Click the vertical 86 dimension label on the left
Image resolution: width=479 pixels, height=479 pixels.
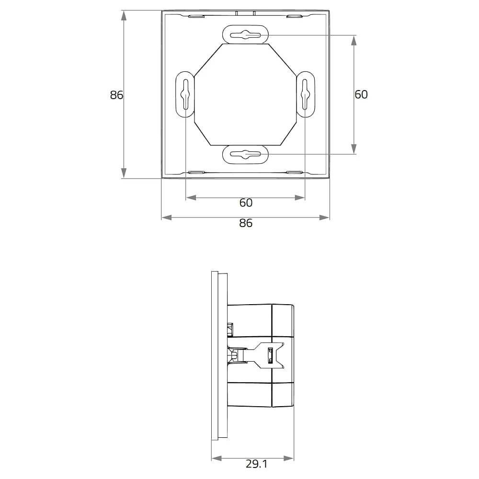point(116,95)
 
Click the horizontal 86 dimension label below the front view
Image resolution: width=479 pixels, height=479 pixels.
point(246,223)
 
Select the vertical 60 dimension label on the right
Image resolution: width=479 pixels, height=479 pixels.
point(361,94)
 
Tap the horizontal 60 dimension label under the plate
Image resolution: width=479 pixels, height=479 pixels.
point(246,203)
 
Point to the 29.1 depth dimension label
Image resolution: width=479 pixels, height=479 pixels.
point(257,464)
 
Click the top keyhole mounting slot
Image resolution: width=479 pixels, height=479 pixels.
point(246,35)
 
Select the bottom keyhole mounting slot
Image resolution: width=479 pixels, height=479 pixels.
point(246,154)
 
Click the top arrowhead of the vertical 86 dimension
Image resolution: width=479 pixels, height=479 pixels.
point(124,16)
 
